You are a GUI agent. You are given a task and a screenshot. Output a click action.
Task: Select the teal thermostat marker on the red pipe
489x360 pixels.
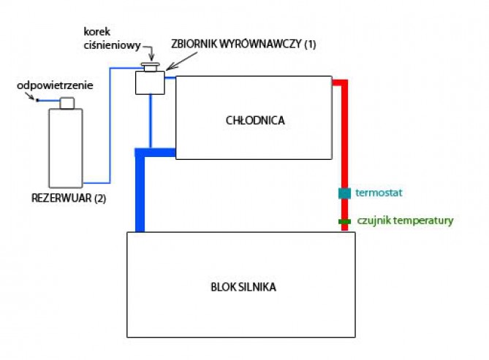344,194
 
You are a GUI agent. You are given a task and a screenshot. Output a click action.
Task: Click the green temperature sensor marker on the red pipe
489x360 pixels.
344,221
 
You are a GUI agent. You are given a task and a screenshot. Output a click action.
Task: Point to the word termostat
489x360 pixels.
379,194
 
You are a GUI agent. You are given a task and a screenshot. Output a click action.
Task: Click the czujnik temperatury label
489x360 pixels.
405,221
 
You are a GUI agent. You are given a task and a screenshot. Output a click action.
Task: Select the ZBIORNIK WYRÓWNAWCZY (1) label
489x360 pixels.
243,44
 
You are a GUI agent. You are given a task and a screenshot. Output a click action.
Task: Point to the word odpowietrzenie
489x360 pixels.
56,85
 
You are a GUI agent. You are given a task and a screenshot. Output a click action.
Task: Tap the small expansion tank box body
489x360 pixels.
151,83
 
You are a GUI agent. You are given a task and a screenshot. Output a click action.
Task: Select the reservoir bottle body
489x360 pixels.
67,148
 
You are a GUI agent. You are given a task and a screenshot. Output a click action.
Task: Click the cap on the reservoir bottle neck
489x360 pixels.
67,102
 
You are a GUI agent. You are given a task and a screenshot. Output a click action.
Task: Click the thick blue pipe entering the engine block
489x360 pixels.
140,197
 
